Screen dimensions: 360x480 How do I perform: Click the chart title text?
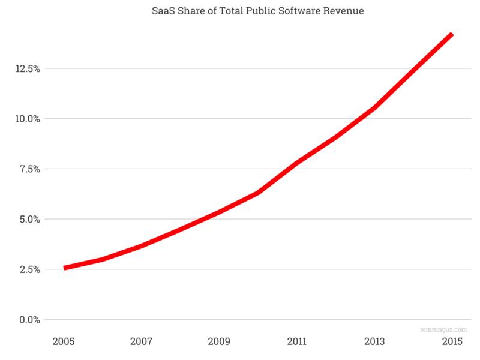coord(257,10)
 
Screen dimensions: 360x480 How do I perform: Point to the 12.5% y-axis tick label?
coord(27,68)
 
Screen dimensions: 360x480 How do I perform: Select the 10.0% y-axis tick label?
coord(27,119)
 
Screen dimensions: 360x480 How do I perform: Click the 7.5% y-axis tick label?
coord(29,169)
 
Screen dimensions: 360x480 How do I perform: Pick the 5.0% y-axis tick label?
coord(29,219)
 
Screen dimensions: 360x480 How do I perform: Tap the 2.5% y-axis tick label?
coord(29,269)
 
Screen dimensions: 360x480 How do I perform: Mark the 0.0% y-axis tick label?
coord(29,319)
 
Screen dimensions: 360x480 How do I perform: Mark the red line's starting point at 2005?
coord(65,268)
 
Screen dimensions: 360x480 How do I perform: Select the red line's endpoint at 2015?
coord(452,35)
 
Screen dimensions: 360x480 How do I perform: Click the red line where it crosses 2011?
coord(297,163)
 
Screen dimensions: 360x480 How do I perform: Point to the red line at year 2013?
coord(374,108)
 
